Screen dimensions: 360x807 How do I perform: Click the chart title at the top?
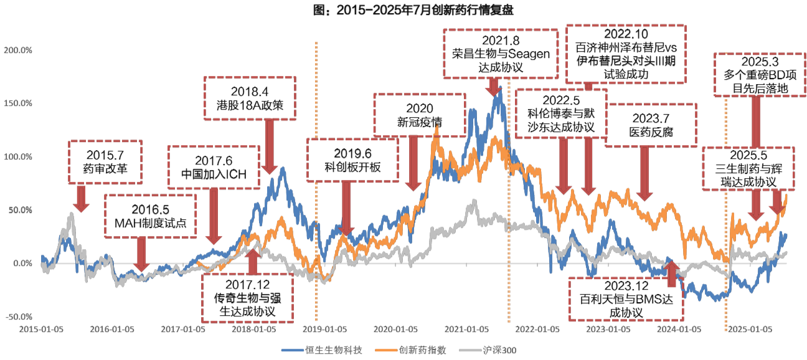click(x=403, y=11)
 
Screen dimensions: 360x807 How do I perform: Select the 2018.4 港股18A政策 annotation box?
click(x=251, y=97)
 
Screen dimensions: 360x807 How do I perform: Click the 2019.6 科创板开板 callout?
click(x=352, y=160)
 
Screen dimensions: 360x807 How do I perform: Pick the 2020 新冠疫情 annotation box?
click(x=419, y=115)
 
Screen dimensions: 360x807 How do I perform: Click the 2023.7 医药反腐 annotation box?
click(x=650, y=125)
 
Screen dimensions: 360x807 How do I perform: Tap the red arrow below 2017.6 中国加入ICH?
click(x=214, y=216)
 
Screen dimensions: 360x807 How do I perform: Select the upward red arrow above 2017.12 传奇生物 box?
click(x=252, y=261)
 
